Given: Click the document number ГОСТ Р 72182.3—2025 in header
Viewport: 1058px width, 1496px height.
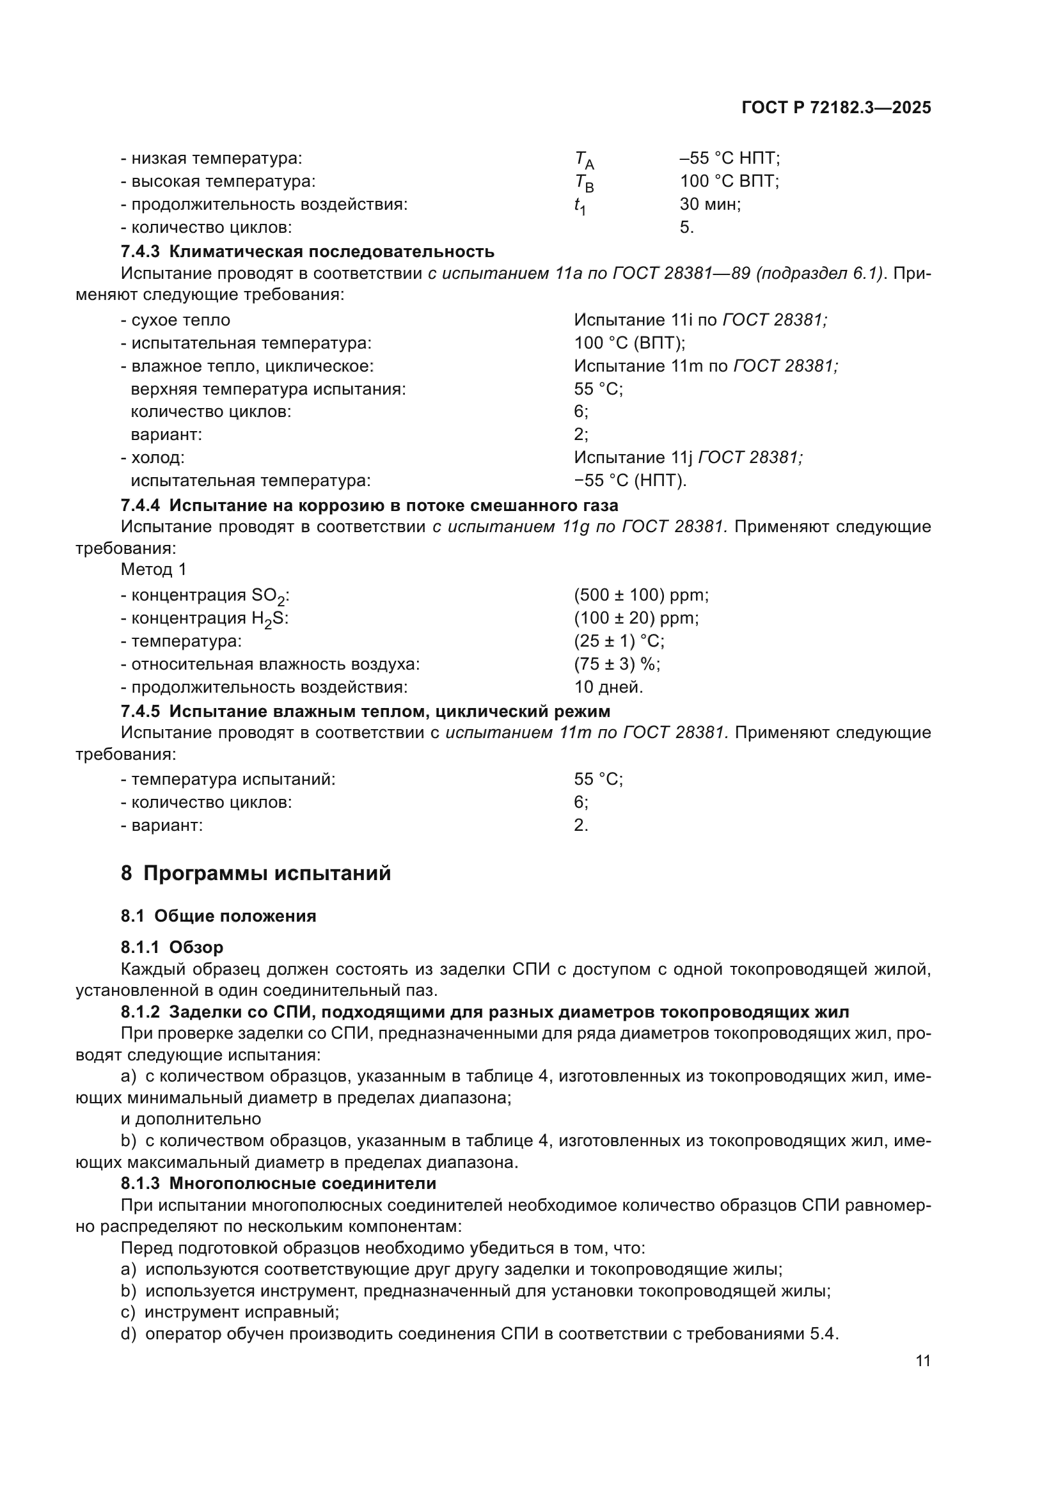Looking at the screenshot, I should click(836, 108).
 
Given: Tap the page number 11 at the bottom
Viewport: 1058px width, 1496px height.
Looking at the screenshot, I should click(922, 1361).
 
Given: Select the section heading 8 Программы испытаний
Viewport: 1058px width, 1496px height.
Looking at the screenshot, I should click(255, 873).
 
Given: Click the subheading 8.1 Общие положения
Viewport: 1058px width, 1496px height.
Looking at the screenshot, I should click(218, 916).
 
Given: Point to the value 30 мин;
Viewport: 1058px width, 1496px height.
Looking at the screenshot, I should click(710, 205).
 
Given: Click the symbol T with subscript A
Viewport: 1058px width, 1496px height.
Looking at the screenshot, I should click(584, 160).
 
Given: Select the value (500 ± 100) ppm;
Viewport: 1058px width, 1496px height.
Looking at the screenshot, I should click(641, 595).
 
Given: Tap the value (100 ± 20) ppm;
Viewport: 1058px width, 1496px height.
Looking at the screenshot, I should click(636, 618).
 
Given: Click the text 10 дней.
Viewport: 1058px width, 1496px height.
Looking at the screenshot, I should click(608, 687).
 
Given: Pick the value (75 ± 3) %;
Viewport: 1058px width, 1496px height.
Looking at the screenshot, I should click(617, 664).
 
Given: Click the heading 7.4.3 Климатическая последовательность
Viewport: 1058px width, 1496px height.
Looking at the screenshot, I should click(308, 251).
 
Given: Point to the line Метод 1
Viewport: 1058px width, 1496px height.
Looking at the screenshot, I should click(154, 569).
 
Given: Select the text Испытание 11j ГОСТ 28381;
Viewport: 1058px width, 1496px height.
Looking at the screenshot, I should click(688, 457).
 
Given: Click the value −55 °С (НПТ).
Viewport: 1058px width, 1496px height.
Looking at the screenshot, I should click(630, 481).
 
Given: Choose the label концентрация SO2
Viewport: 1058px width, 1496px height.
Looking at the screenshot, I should click(205, 595).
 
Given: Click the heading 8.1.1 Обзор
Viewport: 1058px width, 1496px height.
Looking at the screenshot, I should click(172, 947).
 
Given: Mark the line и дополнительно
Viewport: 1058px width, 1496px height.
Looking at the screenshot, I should click(191, 1119).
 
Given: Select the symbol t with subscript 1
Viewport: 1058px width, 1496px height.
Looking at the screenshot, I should click(580, 206).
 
